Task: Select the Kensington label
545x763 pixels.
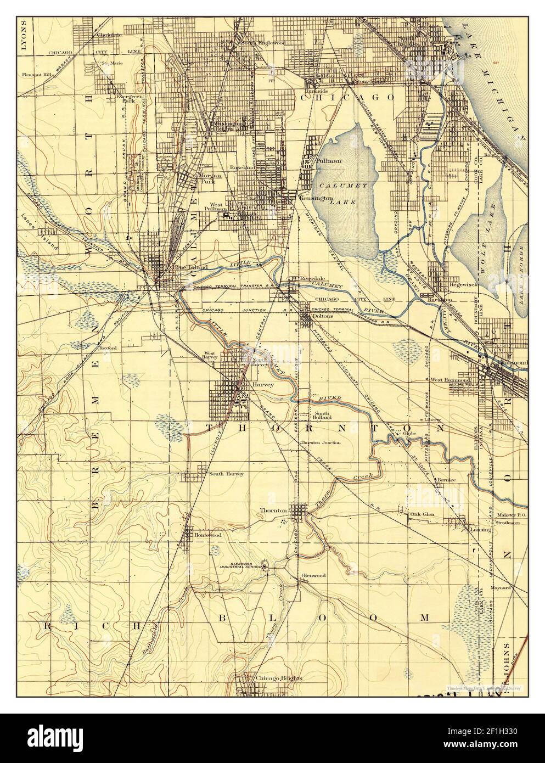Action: pos(314,197)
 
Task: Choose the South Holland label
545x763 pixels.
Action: pos(322,416)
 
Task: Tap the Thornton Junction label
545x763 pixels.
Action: pos(320,442)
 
